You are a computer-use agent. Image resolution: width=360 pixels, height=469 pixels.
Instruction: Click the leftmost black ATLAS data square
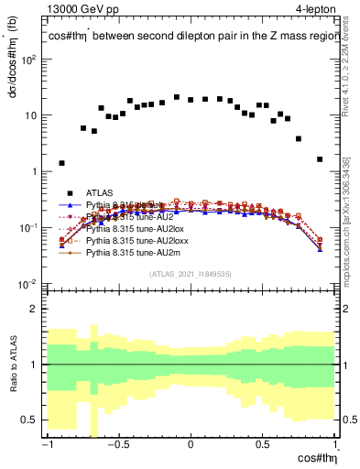pyautogui.click(x=61, y=163)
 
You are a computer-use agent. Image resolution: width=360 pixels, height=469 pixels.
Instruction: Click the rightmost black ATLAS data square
pyautogui.click(x=320, y=159)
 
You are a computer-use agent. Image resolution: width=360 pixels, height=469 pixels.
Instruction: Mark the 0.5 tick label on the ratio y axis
pyautogui.click(x=32, y=420)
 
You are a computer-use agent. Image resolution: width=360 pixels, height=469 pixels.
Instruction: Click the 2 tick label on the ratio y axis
pyautogui.click(x=37, y=309)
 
